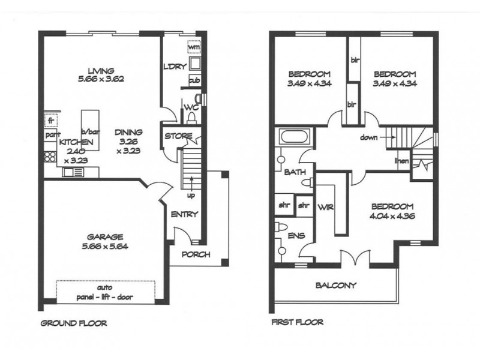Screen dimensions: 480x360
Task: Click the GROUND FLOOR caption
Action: pos(74,323)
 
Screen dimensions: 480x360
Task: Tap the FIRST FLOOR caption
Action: pos(297,322)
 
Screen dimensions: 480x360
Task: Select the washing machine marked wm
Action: pos(194,47)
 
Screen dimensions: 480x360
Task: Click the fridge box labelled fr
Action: pos(51,119)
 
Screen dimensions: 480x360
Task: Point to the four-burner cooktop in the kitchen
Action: pos(50,157)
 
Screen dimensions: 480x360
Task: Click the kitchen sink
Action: pos(73,172)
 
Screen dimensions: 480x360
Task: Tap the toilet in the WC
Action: pos(191,118)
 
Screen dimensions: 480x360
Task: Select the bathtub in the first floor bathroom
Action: pos(294,137)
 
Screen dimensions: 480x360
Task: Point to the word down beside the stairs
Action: pos(368,137)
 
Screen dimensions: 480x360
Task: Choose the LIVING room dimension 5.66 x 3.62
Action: pos(101,79)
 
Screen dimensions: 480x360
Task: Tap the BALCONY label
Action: pos(336,286)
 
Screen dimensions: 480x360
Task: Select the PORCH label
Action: pos(196,254)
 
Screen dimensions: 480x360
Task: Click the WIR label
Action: pos(326,207)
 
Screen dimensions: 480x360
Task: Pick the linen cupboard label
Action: pos(401,160)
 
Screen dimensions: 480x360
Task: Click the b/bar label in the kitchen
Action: pos(91,132)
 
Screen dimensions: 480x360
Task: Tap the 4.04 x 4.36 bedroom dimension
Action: pos(392,216)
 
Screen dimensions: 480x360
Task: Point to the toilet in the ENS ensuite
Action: pos(281,227)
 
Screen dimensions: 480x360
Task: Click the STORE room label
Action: pos(178,136)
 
